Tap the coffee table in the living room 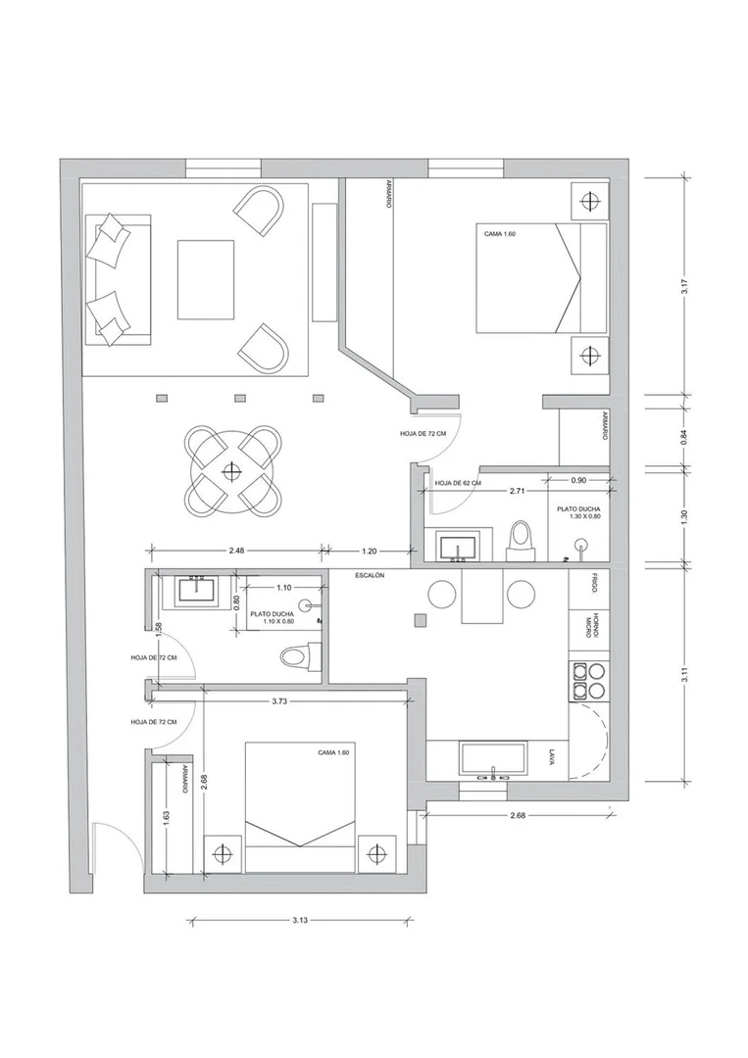pos(206,279)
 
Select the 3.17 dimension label pos(684,287)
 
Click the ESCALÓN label pos(370,576)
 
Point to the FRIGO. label pos(591,584)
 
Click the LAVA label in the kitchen pos(552,756)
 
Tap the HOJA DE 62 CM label pos(458,483)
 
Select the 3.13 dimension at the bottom pos(300,920)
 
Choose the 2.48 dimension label pos(236,551)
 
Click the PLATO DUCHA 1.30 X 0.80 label pos(578,512)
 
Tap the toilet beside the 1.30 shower pos(521,541)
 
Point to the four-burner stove pos(588,680)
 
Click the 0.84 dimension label pos(684,437)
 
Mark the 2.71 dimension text pos(517,491)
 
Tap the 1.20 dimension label pos(369,551)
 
